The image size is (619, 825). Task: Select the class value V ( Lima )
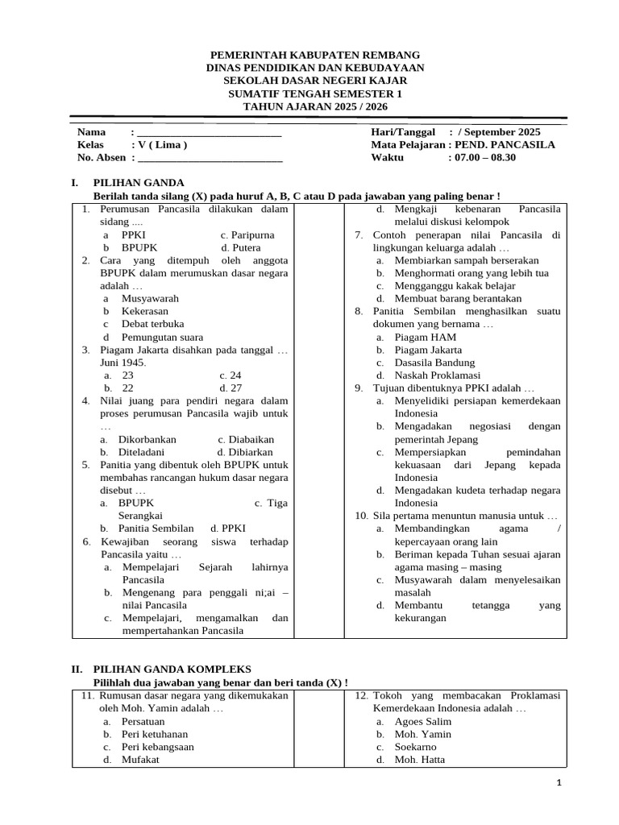point(162,145)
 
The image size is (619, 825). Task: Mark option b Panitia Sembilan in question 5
point(156,529)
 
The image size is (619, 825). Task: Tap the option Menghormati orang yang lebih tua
point(472,273)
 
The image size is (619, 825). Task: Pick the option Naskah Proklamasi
point(437,375)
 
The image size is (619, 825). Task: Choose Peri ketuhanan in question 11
point(155,734)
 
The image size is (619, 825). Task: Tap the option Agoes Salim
point(422,721)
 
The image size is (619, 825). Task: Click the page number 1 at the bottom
point(559,784)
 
